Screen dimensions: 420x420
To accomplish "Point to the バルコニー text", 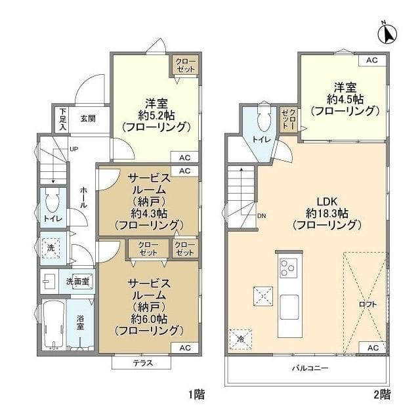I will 310,368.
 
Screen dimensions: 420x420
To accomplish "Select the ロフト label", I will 367,304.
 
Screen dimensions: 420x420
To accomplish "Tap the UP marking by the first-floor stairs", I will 74,150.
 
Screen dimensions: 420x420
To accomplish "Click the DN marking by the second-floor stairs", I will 261,215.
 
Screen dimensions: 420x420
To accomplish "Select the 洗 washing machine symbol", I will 50,248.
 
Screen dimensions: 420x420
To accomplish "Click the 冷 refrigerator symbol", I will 241,339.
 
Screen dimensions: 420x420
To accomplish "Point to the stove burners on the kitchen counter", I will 288,267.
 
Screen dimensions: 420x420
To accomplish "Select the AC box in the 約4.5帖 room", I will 372,60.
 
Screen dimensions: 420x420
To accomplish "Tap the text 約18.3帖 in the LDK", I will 326,213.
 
